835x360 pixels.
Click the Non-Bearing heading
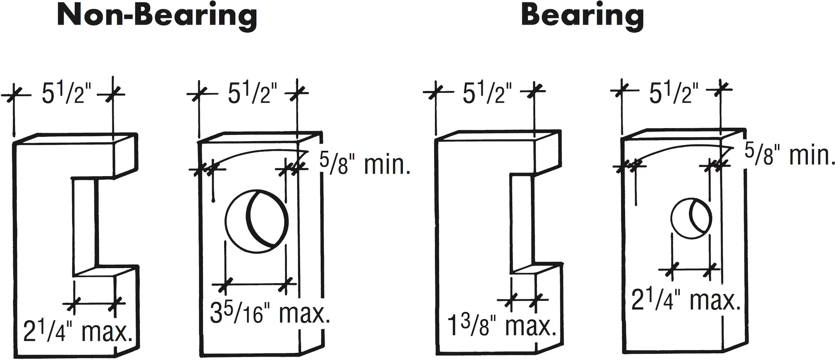coord(157,16)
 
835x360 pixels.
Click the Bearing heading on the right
coord(582,16)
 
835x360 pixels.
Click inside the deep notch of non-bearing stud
coord(86,226)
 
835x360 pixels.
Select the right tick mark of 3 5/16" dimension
coord(286,286)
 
